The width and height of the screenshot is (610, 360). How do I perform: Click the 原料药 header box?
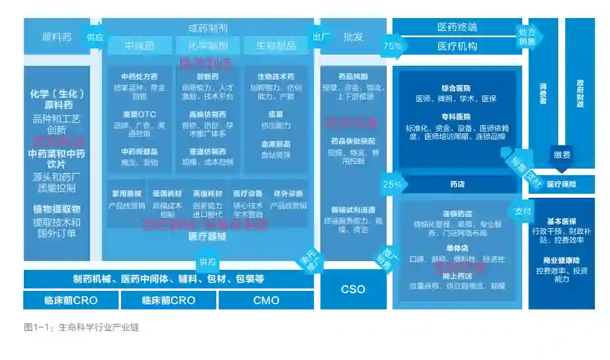(x=56, y=37)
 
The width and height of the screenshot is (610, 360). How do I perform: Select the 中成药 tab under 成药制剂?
(x=140, y=45)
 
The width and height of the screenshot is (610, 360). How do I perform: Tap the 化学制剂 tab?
(x=208, y=45)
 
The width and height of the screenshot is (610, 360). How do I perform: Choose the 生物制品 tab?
(x=276, y=45)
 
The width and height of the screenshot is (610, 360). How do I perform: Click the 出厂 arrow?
(x=321, y=37)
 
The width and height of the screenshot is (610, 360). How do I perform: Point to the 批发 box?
(x=353, y=37)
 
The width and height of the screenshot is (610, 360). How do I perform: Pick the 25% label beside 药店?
(x=391, y=184)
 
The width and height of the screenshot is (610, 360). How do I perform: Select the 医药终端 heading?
(x=457, y=27)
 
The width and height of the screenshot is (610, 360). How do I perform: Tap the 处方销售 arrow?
(x=527, y=36)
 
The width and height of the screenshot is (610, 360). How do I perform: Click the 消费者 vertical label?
(x=543, y=93)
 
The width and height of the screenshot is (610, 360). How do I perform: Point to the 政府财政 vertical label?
(x=580, y=93)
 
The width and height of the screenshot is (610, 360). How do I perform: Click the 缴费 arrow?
(x=562, y=155)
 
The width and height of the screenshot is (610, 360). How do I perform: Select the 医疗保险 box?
(x=562, y=184)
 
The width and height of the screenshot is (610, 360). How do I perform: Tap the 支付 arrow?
(x=522, y=211)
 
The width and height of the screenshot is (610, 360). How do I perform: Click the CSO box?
(x=353, y=289)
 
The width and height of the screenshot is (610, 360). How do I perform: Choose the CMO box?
(x=266, y=300)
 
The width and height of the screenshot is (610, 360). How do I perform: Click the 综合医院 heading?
(x=456, y=88)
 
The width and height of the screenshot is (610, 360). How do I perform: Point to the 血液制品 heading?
(x=276, y=144)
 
